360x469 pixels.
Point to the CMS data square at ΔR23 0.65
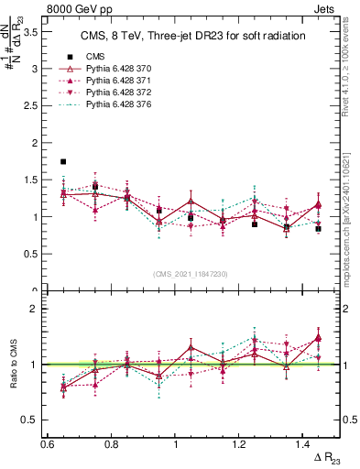(63, 162)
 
